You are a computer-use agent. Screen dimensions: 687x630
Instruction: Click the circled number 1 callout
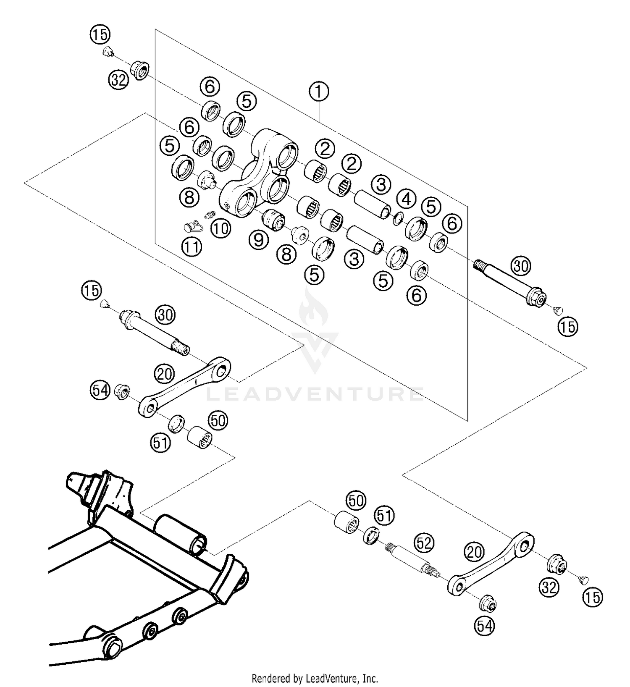pos(319,92)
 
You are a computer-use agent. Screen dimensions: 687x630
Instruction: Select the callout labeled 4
pos(406,199)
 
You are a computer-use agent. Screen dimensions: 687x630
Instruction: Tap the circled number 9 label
pos(258,240)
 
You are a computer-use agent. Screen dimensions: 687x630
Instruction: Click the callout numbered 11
pos(192,246)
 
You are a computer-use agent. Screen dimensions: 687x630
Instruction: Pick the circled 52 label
pos(424,543)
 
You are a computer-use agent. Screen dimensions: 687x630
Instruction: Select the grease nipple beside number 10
pos(209,215)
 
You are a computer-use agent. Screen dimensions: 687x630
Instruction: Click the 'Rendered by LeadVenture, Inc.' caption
pos(315,678)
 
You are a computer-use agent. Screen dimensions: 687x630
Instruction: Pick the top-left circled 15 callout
pos(100,34)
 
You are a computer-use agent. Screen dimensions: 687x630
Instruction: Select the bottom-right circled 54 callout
pos(485,626)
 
